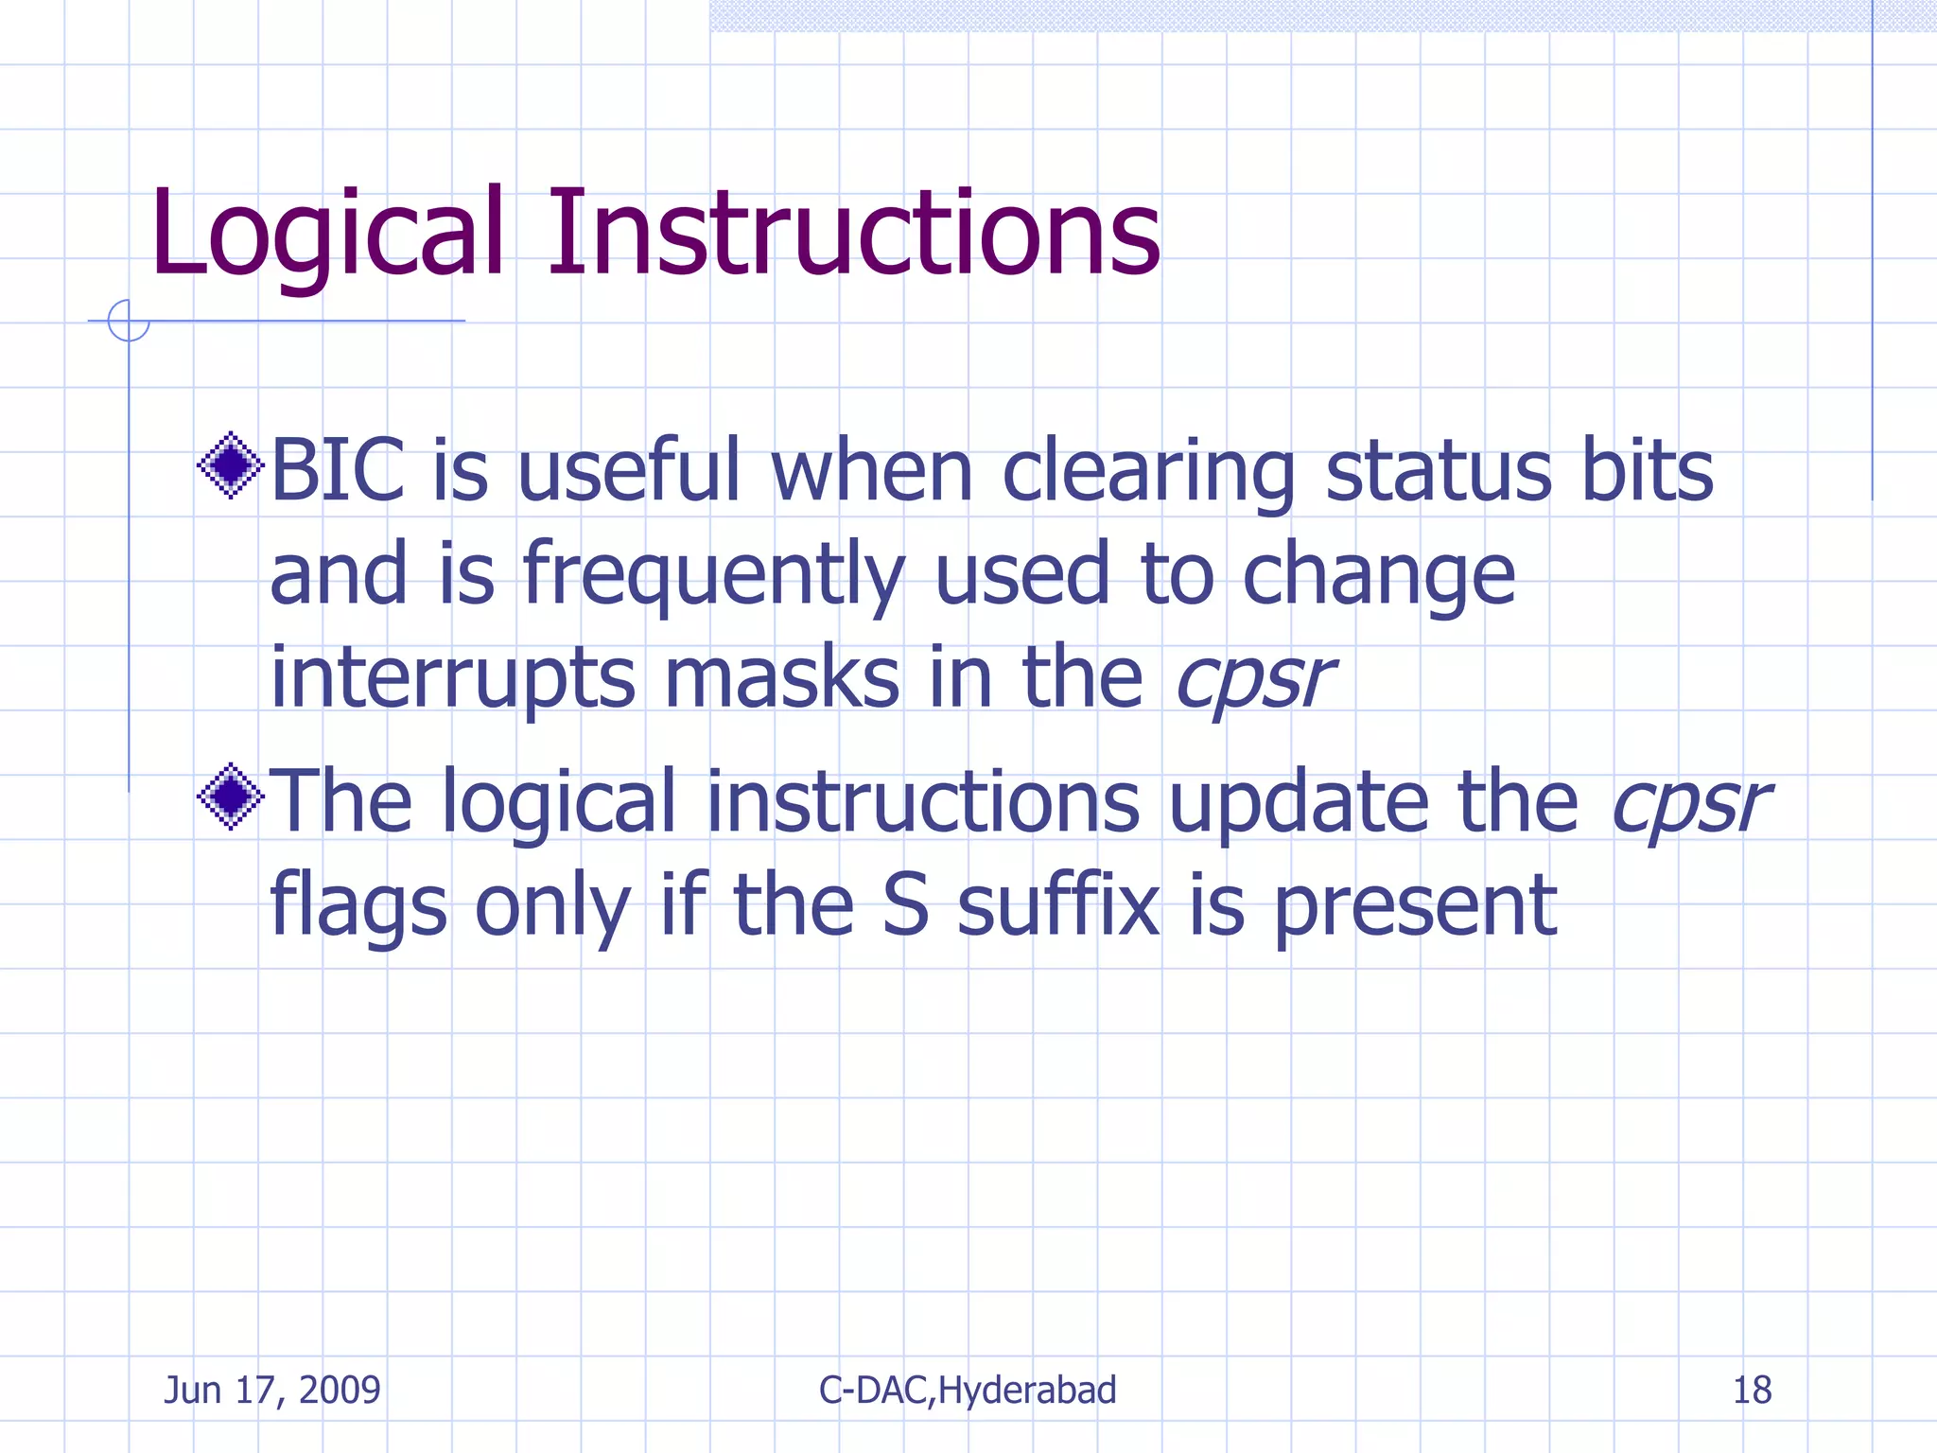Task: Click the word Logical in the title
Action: [x=326, y=234]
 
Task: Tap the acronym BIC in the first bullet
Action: [x=338, y=470]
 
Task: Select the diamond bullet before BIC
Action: [x=230, y=465]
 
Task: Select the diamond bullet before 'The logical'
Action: [x=230, y=797]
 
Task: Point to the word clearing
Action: [x=1148, y=472]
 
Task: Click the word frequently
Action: [x=714, y=575]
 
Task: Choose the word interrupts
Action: [x=453, y=678]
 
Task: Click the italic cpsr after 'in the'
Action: [x=1254, y=678]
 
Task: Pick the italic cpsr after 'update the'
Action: [x=1690, y=803]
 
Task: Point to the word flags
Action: [x=358, y=906]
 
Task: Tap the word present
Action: [x=1415, y=906]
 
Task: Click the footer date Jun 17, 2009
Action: [x=272, y=1390]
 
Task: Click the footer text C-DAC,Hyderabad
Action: [x=968, y=1390]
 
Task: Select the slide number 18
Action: [x=1752, y=1390]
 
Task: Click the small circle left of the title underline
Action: [x=129, y=321]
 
